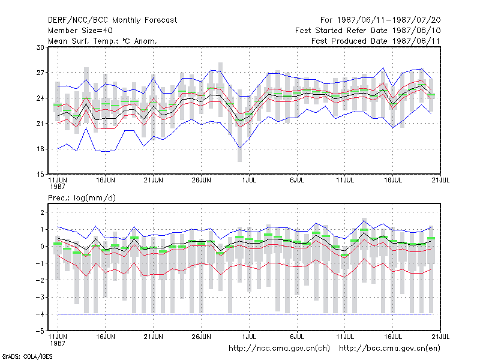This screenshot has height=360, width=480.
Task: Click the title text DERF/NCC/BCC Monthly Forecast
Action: point(112,20)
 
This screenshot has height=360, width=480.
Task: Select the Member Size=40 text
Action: point(80,31)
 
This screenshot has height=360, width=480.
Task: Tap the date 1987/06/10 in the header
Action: point(416,31)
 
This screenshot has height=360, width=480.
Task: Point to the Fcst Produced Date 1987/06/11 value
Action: point(376,41)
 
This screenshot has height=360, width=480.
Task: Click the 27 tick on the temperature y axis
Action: point(40,73)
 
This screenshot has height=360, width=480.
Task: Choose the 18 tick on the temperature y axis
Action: point(40,149)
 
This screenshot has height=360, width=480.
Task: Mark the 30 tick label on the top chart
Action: point(40,47)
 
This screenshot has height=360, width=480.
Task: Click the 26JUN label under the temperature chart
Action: point(201,181)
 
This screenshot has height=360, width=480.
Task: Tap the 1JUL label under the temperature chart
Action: point(249,181)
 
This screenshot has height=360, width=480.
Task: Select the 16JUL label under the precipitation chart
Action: point(393,337)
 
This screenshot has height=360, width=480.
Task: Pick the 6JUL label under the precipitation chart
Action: point(297,337)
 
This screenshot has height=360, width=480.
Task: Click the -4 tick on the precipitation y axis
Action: point(40,314)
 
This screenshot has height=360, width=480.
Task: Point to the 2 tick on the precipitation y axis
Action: point(42,212)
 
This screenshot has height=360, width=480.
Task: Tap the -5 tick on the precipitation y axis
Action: point(40,331)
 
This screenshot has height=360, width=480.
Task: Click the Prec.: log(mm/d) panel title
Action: point(82,198)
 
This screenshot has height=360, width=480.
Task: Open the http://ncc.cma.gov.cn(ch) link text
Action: point(279,349)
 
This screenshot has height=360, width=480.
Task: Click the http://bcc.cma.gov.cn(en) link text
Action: point(389,349)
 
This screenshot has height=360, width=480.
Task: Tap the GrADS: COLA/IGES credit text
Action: point(27,356)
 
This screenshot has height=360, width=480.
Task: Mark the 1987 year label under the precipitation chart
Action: point(58,343)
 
